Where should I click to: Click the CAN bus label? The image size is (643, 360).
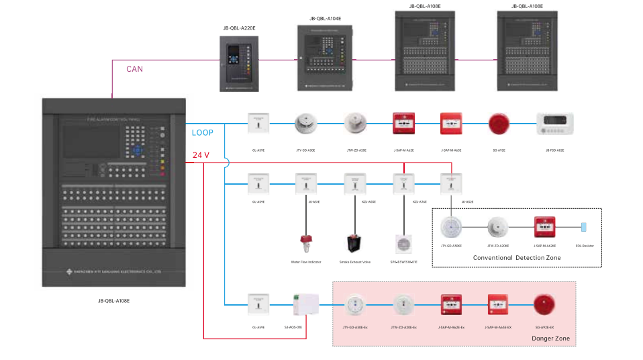click(134, 69)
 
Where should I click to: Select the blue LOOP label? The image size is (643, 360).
click(203, 133)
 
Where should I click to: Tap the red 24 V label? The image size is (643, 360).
click(201, 155)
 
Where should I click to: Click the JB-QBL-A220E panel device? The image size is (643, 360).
click(239, 63)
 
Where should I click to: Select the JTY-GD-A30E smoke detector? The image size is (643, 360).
click(306, 124)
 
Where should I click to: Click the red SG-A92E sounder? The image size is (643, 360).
click(499, 124)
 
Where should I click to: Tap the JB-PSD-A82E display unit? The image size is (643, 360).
click(554, 124)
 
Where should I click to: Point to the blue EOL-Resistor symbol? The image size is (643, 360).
click(583, 227)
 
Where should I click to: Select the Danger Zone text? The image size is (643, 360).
click(550, 339)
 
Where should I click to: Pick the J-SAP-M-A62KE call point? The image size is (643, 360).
click(544, 227)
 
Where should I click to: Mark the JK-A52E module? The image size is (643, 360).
click(451, 182)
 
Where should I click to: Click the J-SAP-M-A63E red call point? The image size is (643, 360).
click(451, 124)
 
